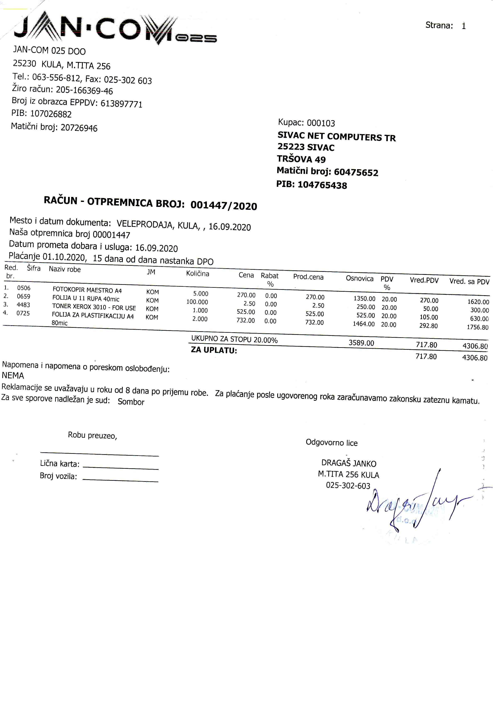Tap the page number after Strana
(463, 26)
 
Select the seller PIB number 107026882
(51, 114)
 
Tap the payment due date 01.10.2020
(64, 257)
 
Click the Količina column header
(198, 273)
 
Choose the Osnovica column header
(359, 278)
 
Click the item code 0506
(24, 288)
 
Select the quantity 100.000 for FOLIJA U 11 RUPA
(197, 302)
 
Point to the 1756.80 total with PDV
(477, 327)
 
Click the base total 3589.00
(361, 343)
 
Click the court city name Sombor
(131, 402)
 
